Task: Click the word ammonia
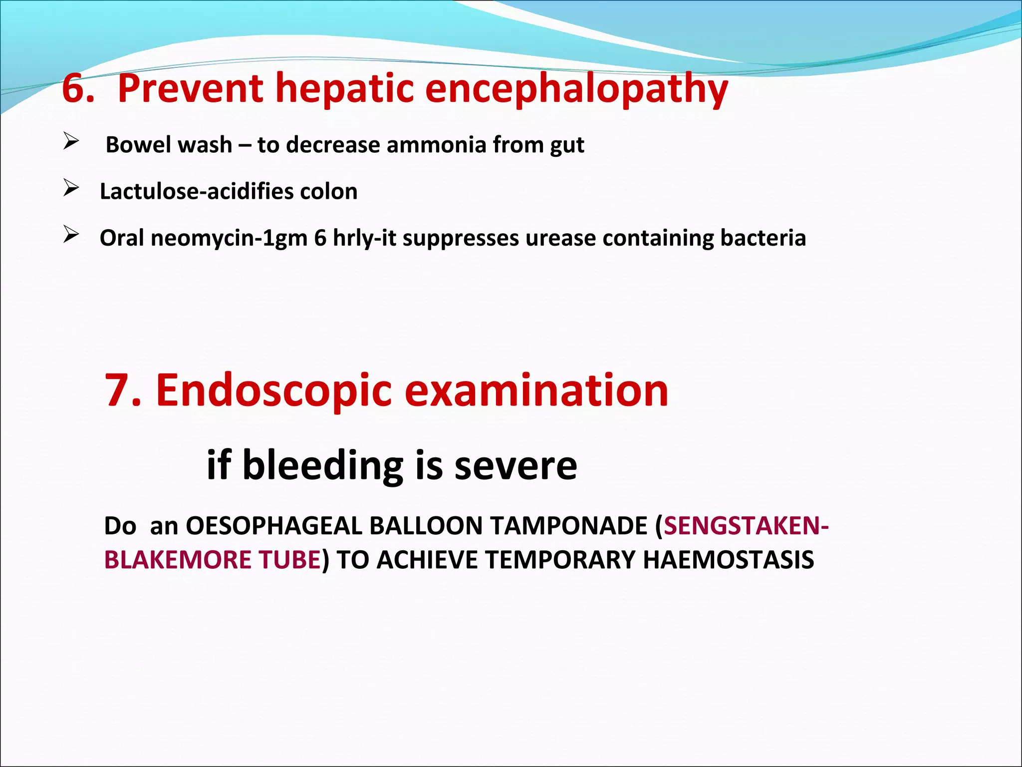pyautogui.click(x=436, y=145)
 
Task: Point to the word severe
pyautogui.click(x=516, y=465)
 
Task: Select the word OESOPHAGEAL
pyautogui.click(x=274, y=526)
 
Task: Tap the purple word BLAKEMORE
pyautogui.click(x=177, y=560)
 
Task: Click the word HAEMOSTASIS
pyautogui.click(x=729, y=560)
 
